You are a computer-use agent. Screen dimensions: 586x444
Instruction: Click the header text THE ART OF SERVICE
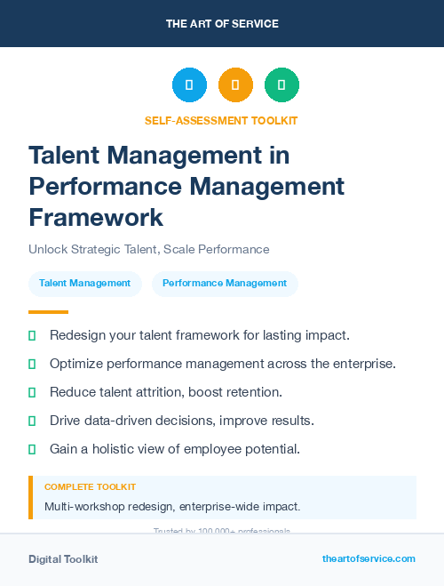coord(222,24)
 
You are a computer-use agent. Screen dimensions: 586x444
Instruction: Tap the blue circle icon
coord(189,85)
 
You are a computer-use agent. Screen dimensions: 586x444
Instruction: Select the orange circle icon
coord(235,85)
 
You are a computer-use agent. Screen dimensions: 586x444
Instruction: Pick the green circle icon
coord(281,85)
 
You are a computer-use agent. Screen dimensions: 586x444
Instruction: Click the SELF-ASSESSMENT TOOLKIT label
coord(221,120)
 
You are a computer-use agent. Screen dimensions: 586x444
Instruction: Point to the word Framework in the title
coord(96,217)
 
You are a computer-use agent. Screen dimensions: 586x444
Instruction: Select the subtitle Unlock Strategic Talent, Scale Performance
coord(148,249)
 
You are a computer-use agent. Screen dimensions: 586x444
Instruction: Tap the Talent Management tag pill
coord(85,283)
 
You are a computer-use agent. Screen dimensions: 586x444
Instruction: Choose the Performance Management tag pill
coord(225,283)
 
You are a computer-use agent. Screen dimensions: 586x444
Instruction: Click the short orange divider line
coord(48,312)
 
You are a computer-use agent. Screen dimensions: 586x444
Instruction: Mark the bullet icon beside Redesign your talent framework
coord(33,335)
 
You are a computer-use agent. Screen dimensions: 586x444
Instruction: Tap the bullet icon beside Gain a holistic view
coord(33,449)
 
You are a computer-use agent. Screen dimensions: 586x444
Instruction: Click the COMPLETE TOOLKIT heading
coord(90,487)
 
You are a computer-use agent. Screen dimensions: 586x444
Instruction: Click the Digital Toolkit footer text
coord(63,559)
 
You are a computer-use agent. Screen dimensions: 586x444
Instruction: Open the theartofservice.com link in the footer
coord(369,558)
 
